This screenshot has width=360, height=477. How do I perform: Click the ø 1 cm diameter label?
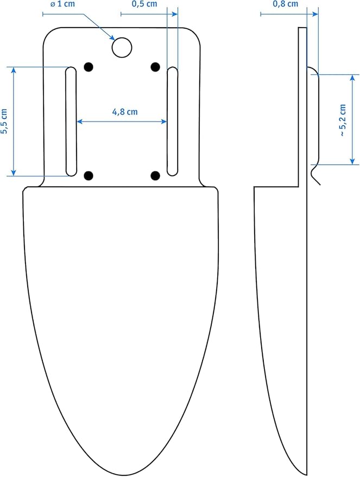[62, 4]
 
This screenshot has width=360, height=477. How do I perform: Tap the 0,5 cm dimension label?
[144, 4]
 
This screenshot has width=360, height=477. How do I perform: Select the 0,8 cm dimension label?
[286, 4]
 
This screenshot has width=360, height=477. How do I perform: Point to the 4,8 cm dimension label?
[125, 112]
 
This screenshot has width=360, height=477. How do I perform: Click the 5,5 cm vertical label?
[4, 121]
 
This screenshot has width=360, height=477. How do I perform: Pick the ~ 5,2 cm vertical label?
[343, 120]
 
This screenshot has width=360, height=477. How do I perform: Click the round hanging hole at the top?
[122, 47]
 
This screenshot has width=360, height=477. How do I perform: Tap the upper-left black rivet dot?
[89, 67]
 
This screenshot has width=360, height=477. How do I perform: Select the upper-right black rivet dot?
[155, 67]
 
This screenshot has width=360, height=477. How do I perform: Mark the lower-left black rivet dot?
[89, 175]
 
